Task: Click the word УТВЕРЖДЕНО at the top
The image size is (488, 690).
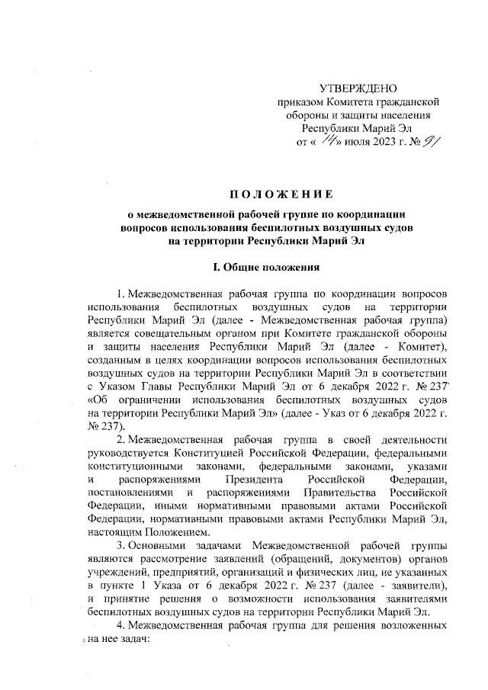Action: (358, 89)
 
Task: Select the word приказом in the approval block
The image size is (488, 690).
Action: (300, 102)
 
